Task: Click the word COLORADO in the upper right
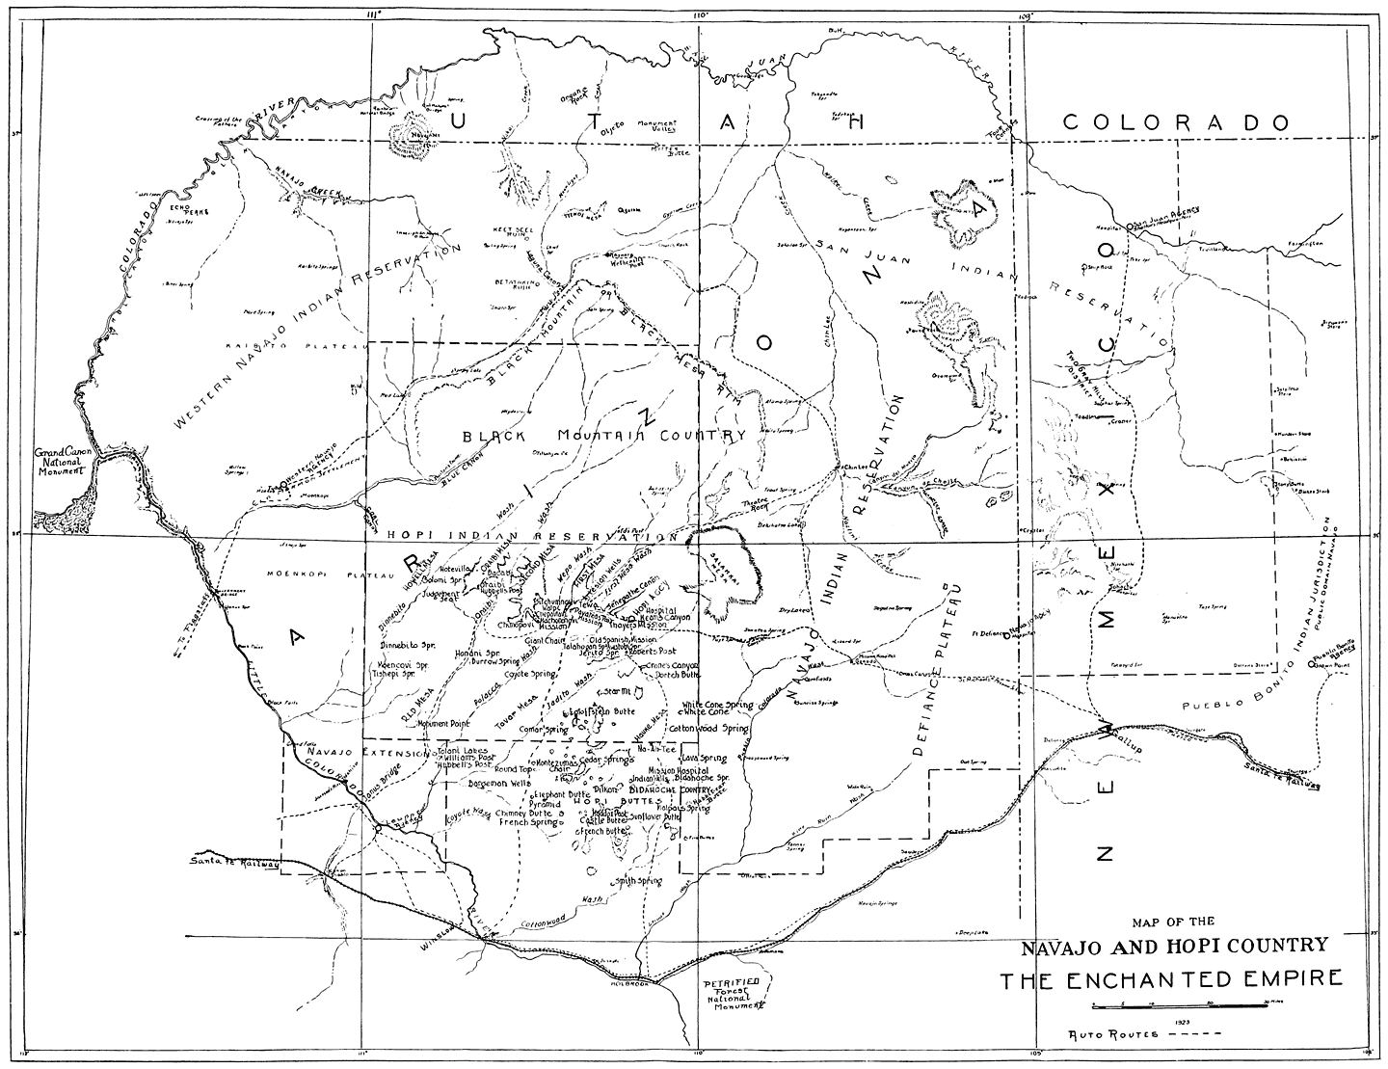tap(1175, 122)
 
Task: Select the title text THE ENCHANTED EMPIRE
tap(1170, 980)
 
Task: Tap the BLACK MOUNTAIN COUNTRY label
tap(604, 436)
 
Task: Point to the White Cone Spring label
tap(717, 706)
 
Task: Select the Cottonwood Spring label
tap(708, 729)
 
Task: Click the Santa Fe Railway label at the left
tap(235, 861)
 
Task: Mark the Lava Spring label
tap(705, 759)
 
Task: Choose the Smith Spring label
tap(637, 881)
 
